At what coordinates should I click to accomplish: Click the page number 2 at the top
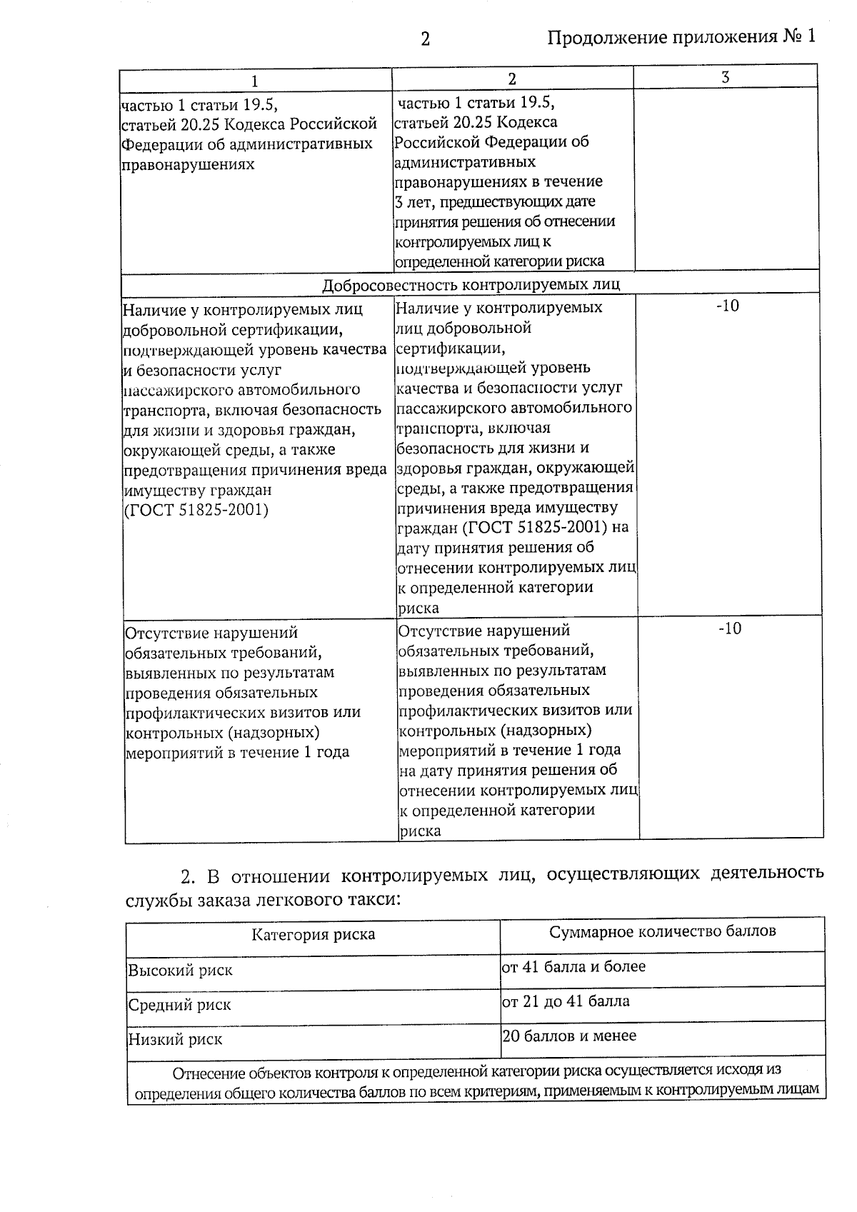pos(425,39)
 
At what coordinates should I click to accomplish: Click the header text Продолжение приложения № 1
pos(681,37)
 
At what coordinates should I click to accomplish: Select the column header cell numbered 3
pos(725,77)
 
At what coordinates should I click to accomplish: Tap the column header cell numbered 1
pos(255,80)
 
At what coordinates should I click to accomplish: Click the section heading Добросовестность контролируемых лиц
pos(471,284)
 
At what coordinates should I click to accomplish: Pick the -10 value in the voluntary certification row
pos(727,306)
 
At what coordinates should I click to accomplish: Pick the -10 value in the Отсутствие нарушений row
pos(729,628)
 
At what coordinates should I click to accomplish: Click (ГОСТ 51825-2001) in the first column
pos(196,511)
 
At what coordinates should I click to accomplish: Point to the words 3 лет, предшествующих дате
pos(495,201)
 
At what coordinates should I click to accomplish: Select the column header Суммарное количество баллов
pos(662,931)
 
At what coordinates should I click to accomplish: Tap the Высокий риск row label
pos(180,971)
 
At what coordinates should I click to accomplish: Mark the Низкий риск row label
pos(175,1039)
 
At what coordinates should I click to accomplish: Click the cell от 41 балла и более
pos(573,967)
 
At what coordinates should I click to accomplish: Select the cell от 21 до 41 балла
pos(566,1001)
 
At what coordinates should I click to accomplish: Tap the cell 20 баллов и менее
pos(569,1036)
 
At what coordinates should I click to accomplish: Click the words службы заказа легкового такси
pos(263,900)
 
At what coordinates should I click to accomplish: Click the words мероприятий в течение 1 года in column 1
pos(237,753)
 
